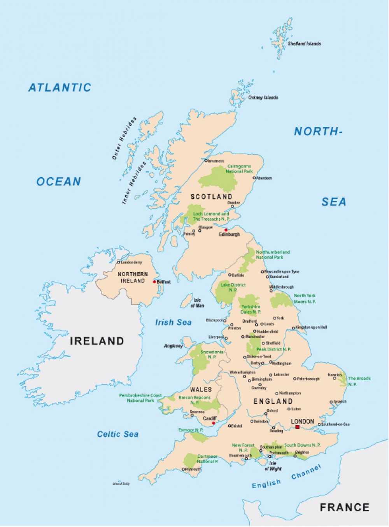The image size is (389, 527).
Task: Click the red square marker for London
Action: [x=297, y=427]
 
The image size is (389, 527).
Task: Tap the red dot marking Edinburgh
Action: [x=226, y=230]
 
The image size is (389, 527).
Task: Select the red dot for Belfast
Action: [x=154, y=282]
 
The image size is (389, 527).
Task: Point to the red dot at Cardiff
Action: [x=213, y=423]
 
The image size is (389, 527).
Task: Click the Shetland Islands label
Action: [x=304, y=44]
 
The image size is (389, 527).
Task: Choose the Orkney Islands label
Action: [x=263, y=98]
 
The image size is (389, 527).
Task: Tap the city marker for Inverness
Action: [x=206, y=161]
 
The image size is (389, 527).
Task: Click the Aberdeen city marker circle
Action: [x=254, y=178]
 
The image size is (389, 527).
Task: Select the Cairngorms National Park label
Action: [x=239, y=169]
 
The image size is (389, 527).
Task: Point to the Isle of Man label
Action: [x=197, y=303]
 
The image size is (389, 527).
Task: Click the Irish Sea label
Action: [x=173, y=322]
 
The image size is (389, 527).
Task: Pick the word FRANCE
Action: [x=344, y=507]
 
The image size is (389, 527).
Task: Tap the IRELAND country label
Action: [x=97, y=341]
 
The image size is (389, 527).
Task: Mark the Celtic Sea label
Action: [x=117, y=434]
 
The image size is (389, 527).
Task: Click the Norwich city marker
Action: [x=334, y=378]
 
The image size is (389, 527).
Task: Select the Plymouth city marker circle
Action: [x=183, y=469]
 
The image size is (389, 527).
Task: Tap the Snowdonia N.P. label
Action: [x=212, y=354]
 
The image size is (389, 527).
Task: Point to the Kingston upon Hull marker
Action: [x=294, y=328]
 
